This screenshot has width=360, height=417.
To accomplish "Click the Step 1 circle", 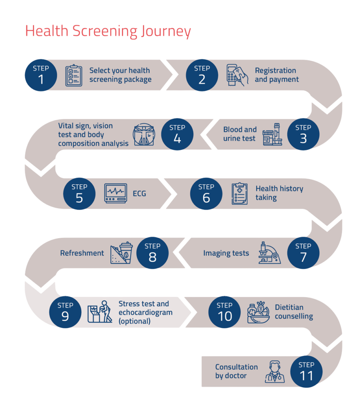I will pos(41,75).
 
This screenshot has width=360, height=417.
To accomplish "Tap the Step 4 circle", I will pos(177,134).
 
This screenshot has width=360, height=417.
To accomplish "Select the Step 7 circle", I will pos(303,253).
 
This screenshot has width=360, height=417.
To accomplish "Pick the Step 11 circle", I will pos(306,371).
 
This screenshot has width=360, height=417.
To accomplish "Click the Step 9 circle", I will pos(65,312).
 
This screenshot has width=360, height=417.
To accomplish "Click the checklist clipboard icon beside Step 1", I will pos(74,76).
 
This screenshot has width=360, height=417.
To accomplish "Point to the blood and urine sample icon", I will pos(273,134).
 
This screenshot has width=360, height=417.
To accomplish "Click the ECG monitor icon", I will pos(116,194).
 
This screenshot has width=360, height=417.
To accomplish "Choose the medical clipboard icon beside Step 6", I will pos(240,194).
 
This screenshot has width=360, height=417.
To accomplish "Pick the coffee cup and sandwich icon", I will pos(121,253).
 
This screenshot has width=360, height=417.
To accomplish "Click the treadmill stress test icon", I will pos(100,312).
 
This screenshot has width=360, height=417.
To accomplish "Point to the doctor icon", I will pos(275,371).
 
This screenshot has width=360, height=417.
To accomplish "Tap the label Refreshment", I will pos(82,253).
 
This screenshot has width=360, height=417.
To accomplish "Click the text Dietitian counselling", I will pos(294,312).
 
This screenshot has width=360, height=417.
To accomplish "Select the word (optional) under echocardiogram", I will pos(135,321).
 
